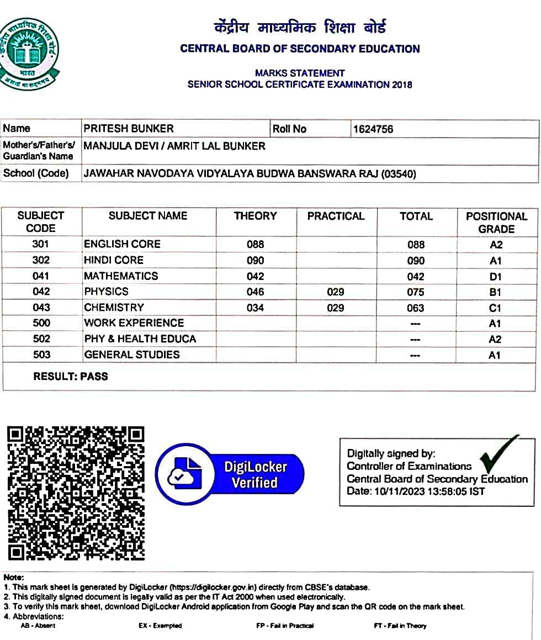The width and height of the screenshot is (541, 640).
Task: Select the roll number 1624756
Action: (x=373, y=129)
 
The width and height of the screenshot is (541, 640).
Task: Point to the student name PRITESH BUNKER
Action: (x=129, y=129)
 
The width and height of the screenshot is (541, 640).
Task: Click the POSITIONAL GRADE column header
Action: (x=496, y=223)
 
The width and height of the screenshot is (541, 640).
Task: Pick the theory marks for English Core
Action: (x=255, y=244)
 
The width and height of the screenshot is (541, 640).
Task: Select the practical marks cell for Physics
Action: (x=336, y=292)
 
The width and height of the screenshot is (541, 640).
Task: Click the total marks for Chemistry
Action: (x=416, y=308)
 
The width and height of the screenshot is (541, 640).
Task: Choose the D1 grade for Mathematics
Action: (x=495, y=276)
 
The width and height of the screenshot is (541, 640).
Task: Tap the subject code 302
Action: (x=41, y=260)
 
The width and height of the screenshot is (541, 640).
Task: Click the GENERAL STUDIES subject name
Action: (x=132, y=355)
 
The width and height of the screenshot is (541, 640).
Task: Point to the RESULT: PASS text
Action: (x=71, y=377)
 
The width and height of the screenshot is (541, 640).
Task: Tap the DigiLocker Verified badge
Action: (x=230, y=475)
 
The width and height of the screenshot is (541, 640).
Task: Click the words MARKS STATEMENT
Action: (x=300, y=73)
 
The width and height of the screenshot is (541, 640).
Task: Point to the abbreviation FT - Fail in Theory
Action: (x=400, y=626)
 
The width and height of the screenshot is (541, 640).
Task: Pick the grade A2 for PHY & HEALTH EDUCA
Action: (x=495, y=339)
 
